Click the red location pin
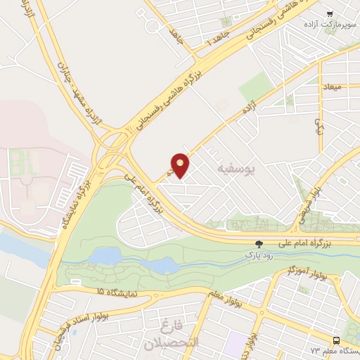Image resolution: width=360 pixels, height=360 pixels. tap(181, 165)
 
